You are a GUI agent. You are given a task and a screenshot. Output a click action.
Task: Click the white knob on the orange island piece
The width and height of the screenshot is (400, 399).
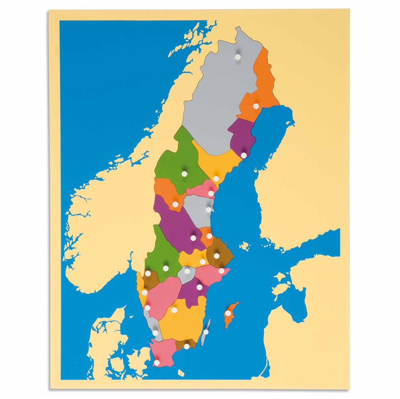[228, 313]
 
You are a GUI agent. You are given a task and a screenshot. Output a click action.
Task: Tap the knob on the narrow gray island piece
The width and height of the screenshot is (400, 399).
[206, 332]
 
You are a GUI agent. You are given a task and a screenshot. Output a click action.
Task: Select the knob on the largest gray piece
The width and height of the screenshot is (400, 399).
[238, 57]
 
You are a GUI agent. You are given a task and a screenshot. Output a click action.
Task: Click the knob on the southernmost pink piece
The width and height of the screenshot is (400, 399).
[157, 362]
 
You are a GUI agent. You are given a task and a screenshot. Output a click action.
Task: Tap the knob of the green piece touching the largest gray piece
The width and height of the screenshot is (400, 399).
[184, 174]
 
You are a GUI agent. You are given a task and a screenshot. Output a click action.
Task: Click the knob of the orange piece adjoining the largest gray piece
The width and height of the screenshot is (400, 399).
[256, 106]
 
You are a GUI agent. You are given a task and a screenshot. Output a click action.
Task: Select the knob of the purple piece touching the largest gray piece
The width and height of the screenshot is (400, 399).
[244, 155]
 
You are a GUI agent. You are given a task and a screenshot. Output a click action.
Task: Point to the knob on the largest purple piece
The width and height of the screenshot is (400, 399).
[193, 238]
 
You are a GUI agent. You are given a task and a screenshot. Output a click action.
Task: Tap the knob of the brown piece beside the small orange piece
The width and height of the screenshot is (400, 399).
[217, 255]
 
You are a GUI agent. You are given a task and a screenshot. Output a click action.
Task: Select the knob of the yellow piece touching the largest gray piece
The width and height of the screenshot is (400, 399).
[216, 178]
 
